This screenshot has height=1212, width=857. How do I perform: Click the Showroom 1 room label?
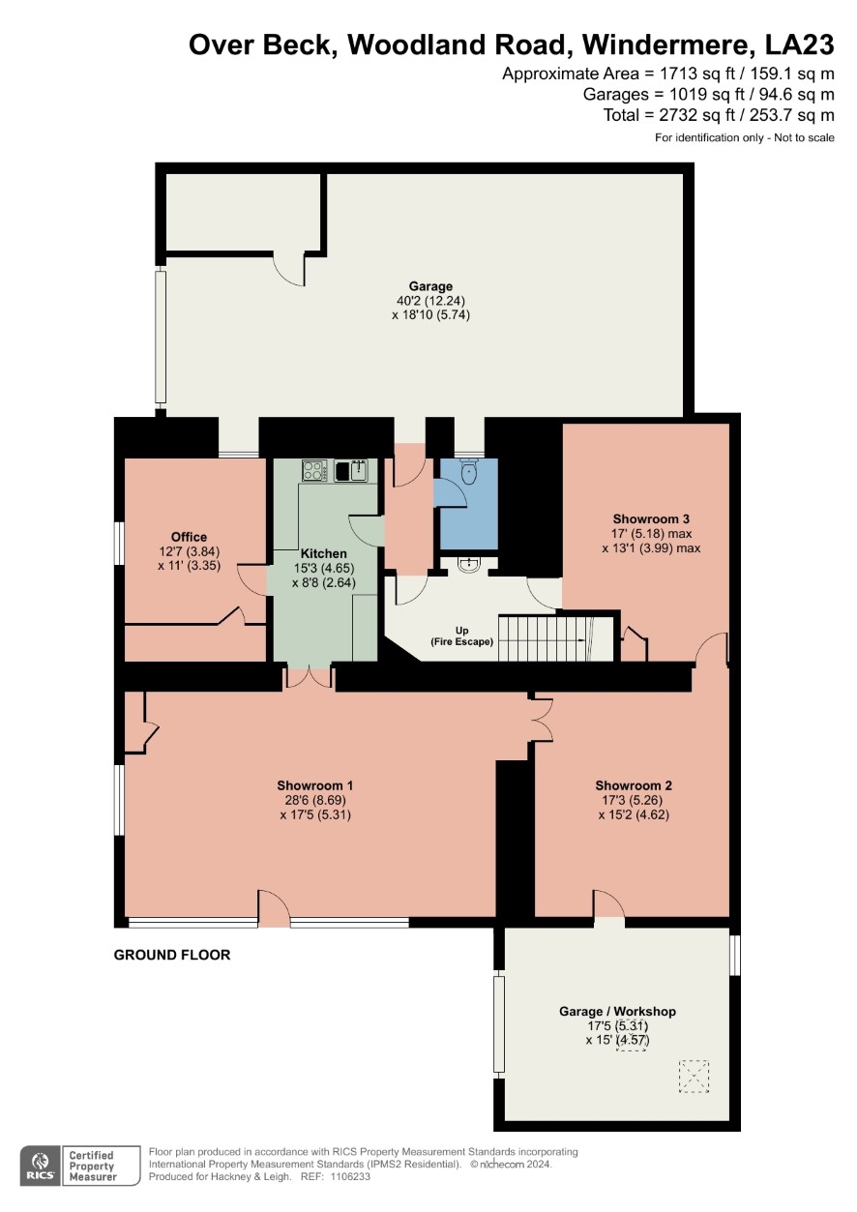tap(315, 785)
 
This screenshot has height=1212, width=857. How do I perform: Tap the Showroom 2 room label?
tap(633, 785)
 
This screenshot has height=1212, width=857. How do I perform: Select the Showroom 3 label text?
tap(651, 518)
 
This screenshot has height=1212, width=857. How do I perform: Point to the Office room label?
tap(189, 537)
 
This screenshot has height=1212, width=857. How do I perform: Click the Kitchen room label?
tap(323, 553)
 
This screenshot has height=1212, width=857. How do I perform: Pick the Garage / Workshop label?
tap(617, 1011)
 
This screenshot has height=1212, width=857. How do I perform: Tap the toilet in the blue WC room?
tap(468, 472)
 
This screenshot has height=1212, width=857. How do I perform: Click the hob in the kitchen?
tap(314, 470)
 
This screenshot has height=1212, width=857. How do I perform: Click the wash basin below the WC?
tap(468, 565)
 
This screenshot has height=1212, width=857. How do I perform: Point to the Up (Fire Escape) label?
tap(461, 636)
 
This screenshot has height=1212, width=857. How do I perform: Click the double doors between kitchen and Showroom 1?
tap(309, 677)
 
